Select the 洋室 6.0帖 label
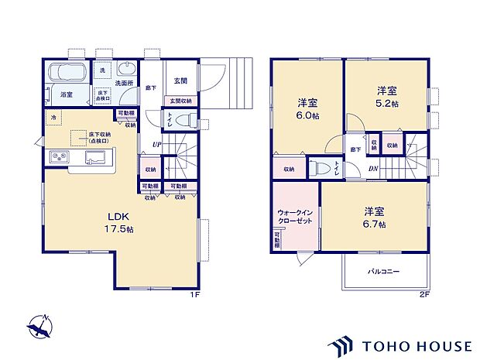pyautogui.click(x=307, y=108)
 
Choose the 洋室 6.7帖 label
pyautogui.click(x=375, y=216)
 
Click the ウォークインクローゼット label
pyautogui.click(x=294, y=215)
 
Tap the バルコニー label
pyautogui.click(x=382, y=272)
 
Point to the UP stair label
pyautogui.click(x=156, y=145)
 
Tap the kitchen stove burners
pyautogui.click(x=59, y=159)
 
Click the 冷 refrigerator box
pyautogui.click(x=53, y=118)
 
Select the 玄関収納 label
pyautogui.click(x=180, y=101)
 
